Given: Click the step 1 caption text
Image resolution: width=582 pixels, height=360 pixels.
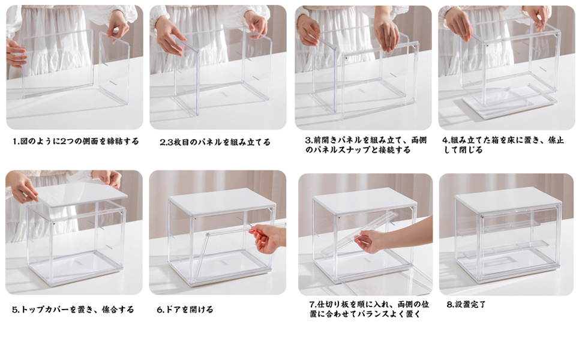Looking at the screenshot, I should click(x=76, y=142).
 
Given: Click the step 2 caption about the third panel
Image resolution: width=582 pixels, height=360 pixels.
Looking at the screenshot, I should click(x=215, y=142).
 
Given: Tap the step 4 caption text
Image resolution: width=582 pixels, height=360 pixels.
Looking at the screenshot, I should click(x=503, y=145).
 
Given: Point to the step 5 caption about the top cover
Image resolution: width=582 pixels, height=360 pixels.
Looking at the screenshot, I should click(x=73, y=310).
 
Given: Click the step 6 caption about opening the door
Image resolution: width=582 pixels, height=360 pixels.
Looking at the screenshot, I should click(x=185, y=310).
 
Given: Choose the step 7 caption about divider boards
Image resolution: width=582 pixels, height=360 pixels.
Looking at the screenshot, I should click(x=365, y=309).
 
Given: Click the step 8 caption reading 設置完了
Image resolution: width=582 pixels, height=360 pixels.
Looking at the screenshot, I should click(x=466, y=305).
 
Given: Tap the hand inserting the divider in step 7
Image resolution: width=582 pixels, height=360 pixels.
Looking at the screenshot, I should click(x=372, y=241).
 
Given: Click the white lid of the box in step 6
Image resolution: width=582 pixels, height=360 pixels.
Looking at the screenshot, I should click(x=223, y=201).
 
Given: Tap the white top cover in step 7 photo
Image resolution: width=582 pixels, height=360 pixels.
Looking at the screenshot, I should click(x=365, y=200).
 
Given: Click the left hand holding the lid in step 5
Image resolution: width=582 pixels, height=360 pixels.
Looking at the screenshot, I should click(x=23, y=187).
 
